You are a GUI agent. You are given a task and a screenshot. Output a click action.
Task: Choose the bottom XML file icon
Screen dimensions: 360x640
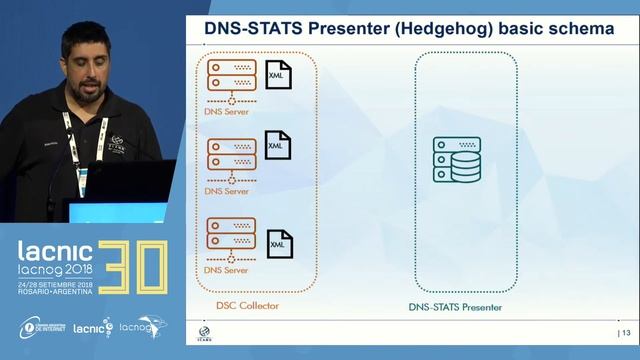[x=279, y=243]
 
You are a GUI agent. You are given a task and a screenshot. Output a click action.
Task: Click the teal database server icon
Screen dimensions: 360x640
[x=456, y=160]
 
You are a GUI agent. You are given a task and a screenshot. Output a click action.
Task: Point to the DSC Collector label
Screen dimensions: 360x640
[x=247, y=305]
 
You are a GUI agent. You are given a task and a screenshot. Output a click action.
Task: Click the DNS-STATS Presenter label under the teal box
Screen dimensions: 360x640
[x=455, y=306]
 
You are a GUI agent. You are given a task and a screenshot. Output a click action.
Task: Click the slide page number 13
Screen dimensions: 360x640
[x=627, y=332]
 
